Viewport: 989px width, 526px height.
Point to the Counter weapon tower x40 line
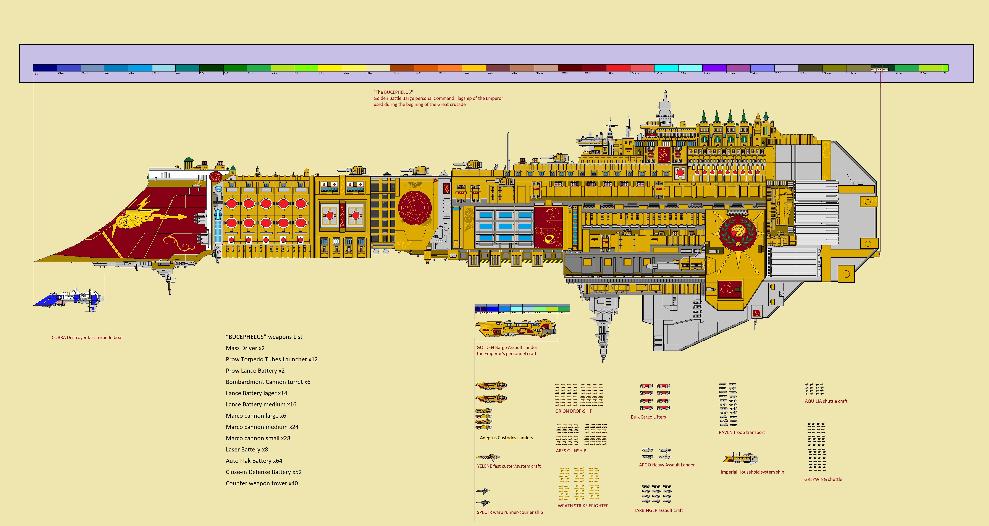(262, 483)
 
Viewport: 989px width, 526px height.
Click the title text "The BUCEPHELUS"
(393, 92)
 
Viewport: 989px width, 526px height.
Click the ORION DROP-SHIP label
(574, 411)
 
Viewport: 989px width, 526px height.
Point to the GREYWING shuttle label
(823, 479)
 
